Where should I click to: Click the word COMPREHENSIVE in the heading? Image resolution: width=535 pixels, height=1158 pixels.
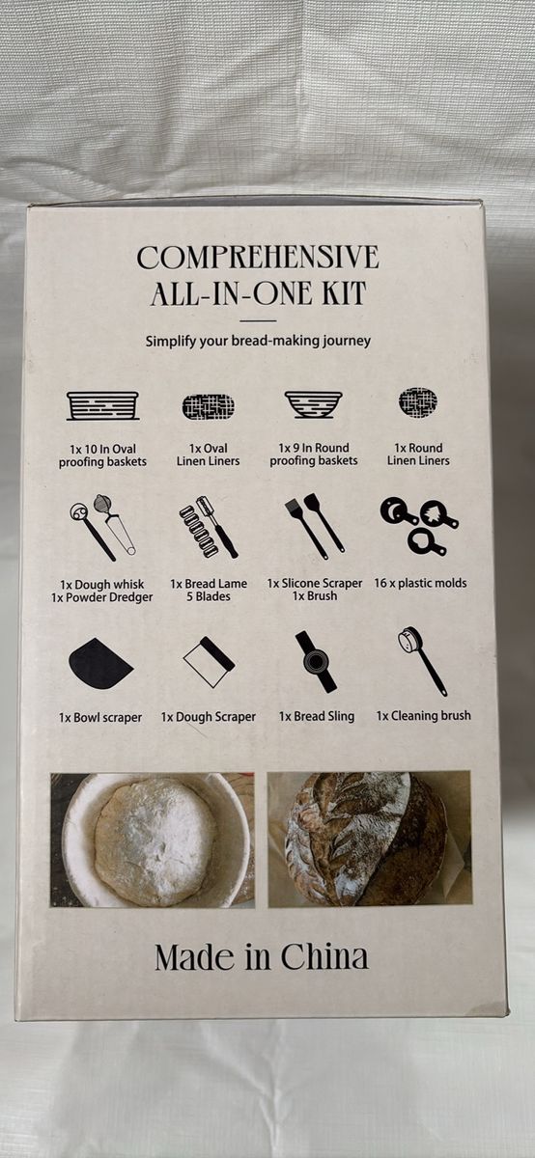click(x=258, y=258)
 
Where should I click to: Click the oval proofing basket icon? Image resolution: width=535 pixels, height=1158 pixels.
click(x=103, y=405)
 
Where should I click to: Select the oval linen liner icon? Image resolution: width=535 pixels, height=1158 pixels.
click(x=208, y=406)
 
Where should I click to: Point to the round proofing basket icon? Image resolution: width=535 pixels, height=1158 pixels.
click(x=314, y=404)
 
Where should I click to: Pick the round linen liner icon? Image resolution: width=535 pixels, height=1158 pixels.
click(x=418, y=402)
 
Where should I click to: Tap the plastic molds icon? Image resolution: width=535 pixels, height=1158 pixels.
click(x=419, y=526)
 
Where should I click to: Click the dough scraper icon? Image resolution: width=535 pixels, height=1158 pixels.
click(x=209, y=661)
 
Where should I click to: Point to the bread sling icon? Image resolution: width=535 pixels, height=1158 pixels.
click(x=316, y=662)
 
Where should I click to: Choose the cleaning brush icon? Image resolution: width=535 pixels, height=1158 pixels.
click(x=422, y=661)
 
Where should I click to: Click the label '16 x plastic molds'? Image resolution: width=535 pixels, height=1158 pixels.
click(x=420, y=583)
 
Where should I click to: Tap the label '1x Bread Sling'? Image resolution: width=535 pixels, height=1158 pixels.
click(x=317, y=716)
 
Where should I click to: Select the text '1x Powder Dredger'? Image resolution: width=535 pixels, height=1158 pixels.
click(x=102, y=597)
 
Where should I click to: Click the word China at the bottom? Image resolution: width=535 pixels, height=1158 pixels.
click(x=324, y=958)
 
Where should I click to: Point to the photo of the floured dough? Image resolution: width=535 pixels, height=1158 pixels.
click(x=153, y=841)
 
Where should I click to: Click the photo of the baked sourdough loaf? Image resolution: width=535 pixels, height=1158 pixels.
click(x=370, y=839)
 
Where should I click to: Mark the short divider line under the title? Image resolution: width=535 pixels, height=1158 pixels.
click(x=258, y=321)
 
